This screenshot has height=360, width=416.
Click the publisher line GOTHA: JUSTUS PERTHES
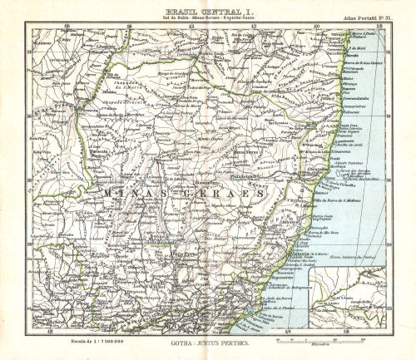point(206,341)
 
